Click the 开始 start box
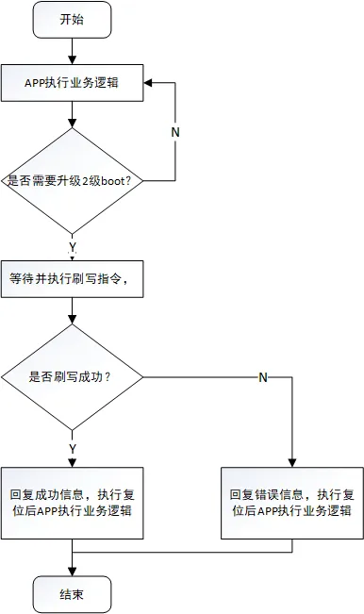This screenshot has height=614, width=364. pos(73,20)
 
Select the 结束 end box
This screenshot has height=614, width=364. pos(73,594)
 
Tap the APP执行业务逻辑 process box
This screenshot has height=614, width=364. pos(73,83)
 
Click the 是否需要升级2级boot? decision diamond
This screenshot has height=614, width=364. pos(73,181)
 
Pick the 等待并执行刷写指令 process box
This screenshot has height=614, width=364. pos(73,279)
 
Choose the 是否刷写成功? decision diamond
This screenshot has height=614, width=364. pos(73,377)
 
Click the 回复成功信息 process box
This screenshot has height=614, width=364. pos(73,504)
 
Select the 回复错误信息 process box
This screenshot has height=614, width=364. pos(292,504)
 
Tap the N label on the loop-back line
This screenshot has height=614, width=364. pos(175,132)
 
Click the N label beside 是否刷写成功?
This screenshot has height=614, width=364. pos(263,377)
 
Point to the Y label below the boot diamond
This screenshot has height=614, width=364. pos(73,247)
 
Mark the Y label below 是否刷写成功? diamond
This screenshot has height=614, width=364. pos(73,449)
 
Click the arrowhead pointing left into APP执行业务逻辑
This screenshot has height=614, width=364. pos(148,83)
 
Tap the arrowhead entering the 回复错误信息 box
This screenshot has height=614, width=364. pos(292,462)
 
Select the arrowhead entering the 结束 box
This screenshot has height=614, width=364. pos(73,572)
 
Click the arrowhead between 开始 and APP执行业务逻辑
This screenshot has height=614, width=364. pos(73,60)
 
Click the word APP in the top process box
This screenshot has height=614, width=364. pos(35,83)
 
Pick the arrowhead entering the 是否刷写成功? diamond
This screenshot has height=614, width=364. pos(73,320)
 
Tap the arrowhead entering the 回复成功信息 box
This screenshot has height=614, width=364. pos(73,462)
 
